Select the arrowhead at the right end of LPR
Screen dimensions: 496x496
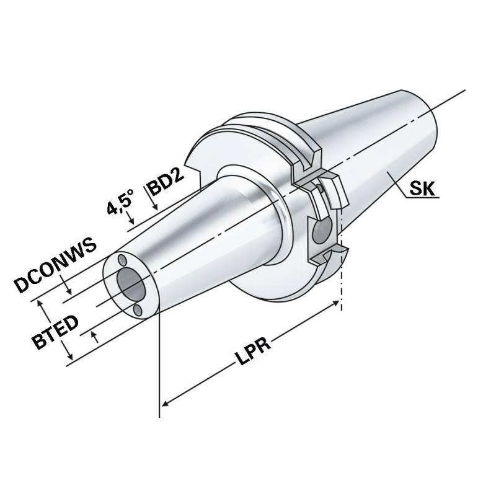pos(337,303)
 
